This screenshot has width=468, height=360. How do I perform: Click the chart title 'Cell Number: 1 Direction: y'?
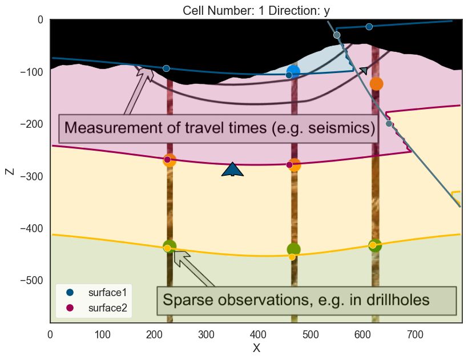(x=256, y=11)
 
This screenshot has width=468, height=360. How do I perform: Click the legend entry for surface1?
(x=96, y=293)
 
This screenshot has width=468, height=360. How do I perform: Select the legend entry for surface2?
(x=96, y=308)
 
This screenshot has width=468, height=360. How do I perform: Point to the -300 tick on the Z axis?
(x=31, y=176)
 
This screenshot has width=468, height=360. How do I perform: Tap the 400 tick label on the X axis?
(x=258, y=335)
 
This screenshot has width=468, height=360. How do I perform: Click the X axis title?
(x=256, y=348)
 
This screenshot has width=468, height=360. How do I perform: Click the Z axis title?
(x=10, y=172)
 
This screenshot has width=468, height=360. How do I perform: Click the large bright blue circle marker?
(x=293, y=71)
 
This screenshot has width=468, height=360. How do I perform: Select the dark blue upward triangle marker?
(x=232, y=169)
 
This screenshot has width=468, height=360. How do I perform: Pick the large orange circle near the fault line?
(x=376, y=84)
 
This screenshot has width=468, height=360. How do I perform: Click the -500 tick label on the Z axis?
(x=31, y=281)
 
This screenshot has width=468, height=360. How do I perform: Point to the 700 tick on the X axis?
(x=415, y=335)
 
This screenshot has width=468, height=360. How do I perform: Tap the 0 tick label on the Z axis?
(x=41, y=20)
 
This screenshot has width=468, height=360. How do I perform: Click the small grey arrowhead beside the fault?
(x=364, y=70)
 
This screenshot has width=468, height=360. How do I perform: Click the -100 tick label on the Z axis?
(x=31, y=72)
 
